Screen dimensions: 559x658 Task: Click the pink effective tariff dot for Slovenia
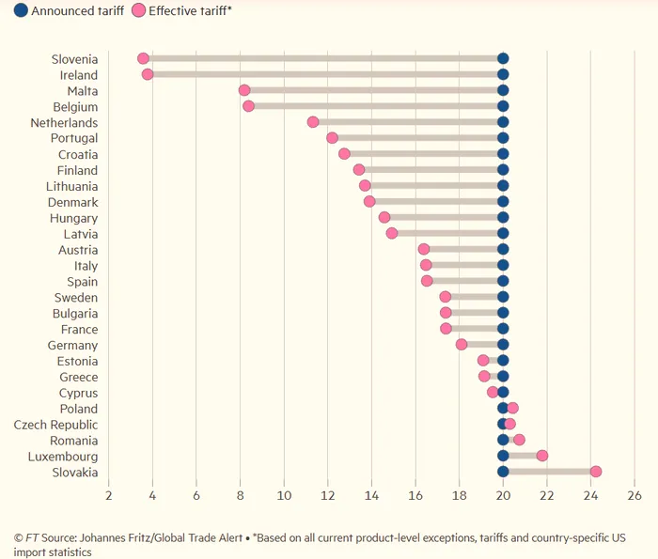pyautogui.click(x=143, y=58)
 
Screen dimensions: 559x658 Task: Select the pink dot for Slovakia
pyautogui.click(x=595, y=472)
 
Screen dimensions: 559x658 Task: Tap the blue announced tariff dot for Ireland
pyautogui.click(x=503, y=74)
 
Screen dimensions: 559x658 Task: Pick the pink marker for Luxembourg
pyautogui.click(x=542, y=456)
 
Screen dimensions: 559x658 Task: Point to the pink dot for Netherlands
pyautogui.click(x=313, y=122)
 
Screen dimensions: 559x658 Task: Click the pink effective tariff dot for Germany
pyautogui.click(x=462, y=345)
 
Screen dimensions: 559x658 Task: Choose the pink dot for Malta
pyautogui.click(x=244, y=90)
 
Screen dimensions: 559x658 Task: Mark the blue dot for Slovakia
pyautogui.click(x=503, y=472)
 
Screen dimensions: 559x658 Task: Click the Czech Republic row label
pyautogui.click(x=55, y=425)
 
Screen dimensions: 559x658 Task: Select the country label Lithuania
pyautogui.click(x=71, y=186)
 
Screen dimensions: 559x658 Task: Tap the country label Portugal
pyautogui.click(x=74, y=138)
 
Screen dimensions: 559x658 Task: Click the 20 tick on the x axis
pyautogui.click(x=503, y=495)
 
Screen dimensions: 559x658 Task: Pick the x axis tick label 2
pyautogui.click(x=109, y=495)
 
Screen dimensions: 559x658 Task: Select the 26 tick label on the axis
pyautogui.click(x=634, y=495)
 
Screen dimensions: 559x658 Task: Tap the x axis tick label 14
pyautogui.click(x=371, y=495)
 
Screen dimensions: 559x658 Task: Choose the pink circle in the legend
pyautogui.click(x=138, y=11)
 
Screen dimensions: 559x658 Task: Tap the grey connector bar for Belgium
pyautogui.click(x=376, y=106)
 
